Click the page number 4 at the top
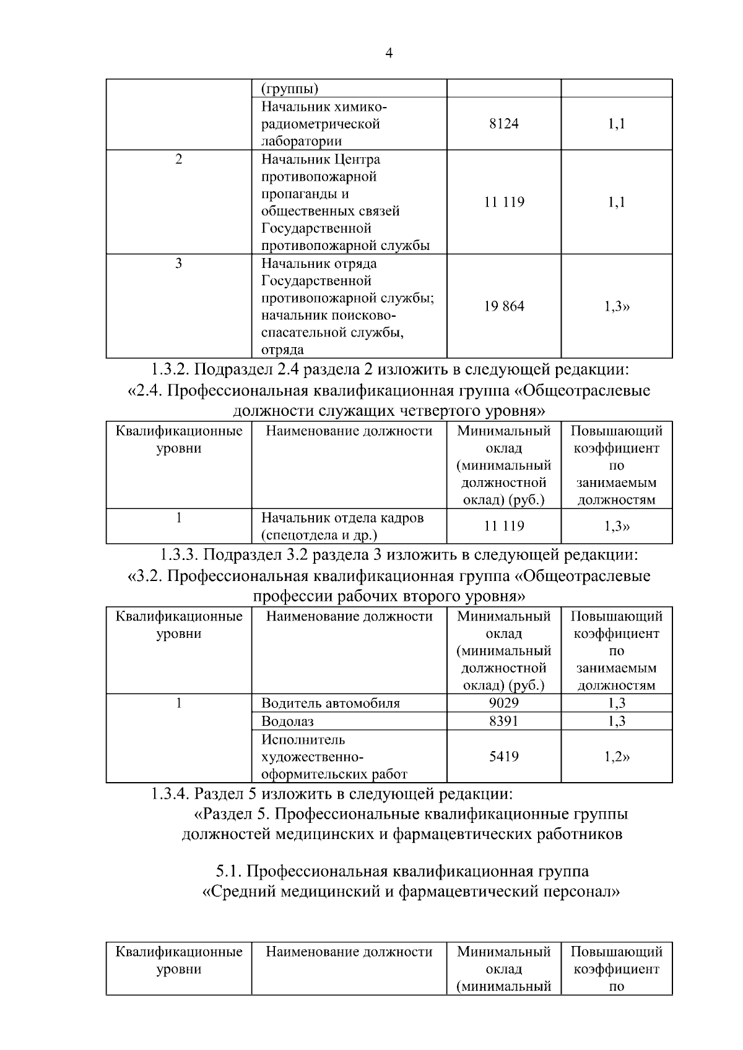[388, 54]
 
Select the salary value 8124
[503, 124]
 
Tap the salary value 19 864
[503, 306]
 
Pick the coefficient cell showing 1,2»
[616, 757]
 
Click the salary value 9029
[503, 703]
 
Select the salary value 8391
[503, 721]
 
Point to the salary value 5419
[503, 757]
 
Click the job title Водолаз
[287, 721]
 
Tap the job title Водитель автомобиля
[330, 704]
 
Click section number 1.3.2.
[170, 370]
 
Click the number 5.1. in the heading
[228, 871]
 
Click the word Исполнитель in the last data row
[303, 740]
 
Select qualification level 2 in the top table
[179, 160]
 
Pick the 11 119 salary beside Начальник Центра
[503, 202]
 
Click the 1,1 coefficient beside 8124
[616, 124]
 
